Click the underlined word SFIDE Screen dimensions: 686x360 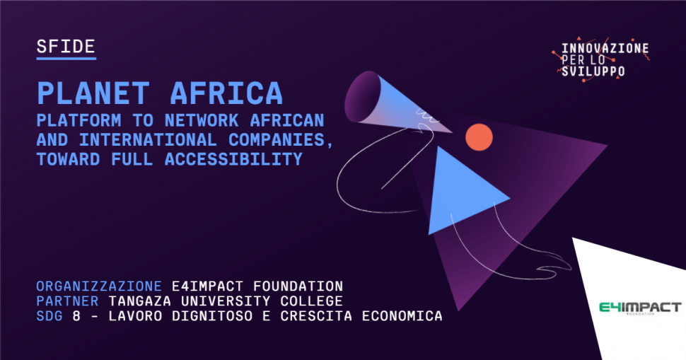pyautogui.click(x=66, y=47)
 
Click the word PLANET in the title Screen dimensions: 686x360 pyautogui.click(x=93, y=93)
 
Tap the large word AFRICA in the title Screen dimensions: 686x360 pyautogui.click(x=226, y=93)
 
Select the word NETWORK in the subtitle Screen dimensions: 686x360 pyautogui.click(x=202, y=120)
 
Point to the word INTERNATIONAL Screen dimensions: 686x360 pyautogui.click(x=148, y=139)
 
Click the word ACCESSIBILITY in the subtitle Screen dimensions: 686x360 pyautogui.click(x=233, y=159)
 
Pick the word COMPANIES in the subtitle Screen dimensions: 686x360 pyautogui.click(x=277, y=139)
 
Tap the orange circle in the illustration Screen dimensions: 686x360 pyautogui.click(x=479, y=137)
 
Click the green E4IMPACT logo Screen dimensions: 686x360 pyautogui.click(x=640, y=308)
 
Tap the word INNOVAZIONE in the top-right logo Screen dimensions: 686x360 pyautogui.click(x=605, y=48)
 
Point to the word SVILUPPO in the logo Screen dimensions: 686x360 pyautogui.click(x=593, y=71)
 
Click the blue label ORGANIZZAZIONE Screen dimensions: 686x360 pyautogui.click(x=99, y=286)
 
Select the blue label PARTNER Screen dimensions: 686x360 pyautogui.click(x=67, y=301)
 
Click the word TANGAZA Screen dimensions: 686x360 pyautogui.click(x=140, y=301)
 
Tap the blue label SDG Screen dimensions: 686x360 pyautogui.click(x=50, y=316)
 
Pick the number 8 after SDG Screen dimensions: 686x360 pyautogui.click(x=76, y=316)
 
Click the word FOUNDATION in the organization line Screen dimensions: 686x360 pyautogui.click(x=298, y=286)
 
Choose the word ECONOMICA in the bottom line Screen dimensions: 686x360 pyautogui.click(x=402, y=316)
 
